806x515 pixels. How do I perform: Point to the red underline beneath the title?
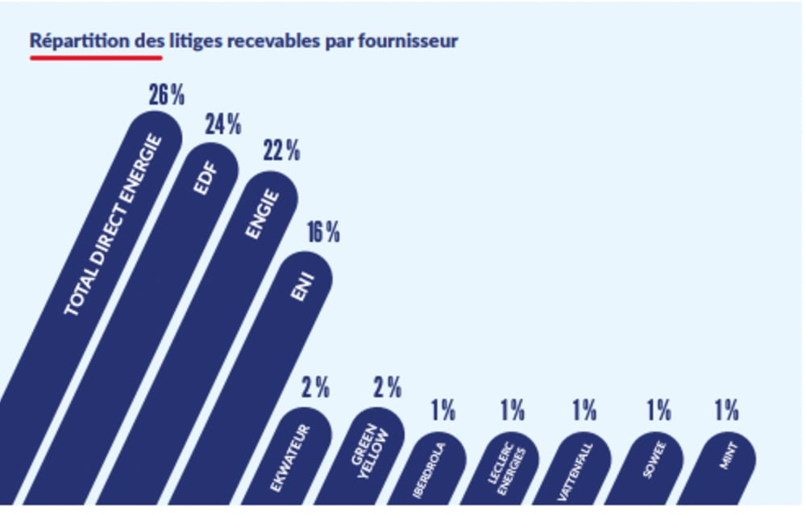(x=96, y=58)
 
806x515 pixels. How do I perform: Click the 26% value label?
(x=166, y=95)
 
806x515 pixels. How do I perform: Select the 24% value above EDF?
(x=222, y=125)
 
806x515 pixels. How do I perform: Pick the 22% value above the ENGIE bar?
(x=281, y=151)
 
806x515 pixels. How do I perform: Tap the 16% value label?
(x=322, y=233)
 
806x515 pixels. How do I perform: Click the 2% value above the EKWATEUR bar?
(x=315, y=388)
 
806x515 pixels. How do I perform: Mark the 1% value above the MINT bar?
(x=726, y=411)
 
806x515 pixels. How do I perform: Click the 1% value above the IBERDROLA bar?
(x=442, y=411)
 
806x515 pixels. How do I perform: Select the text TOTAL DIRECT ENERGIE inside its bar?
(x=113, y=226)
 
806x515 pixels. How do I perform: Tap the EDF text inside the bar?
(x=206, y=178)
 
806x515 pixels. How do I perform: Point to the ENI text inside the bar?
(x=302, y=286)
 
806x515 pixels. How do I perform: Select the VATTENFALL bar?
(x=575, y=471)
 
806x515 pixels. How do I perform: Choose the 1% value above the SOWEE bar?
(x=658, y=411)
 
